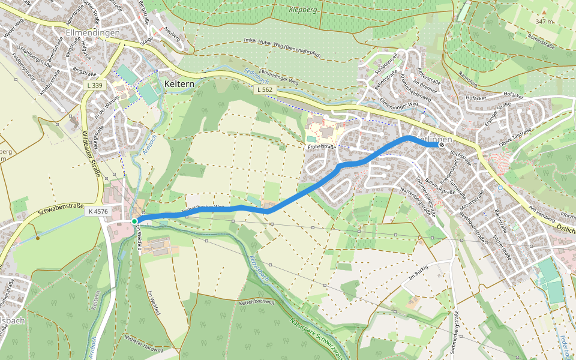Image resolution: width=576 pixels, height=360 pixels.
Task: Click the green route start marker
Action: pos(134,221)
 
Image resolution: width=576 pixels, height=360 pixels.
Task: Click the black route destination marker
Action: pos(442,145)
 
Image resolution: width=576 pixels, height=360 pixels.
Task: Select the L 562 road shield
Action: pos(264,89)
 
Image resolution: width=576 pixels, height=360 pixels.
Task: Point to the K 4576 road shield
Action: pos(98,211)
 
